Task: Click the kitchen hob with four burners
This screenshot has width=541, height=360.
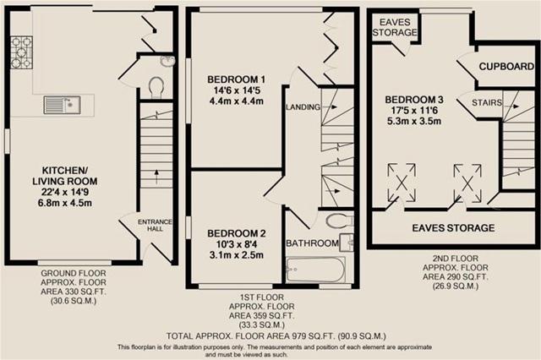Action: point(21,52)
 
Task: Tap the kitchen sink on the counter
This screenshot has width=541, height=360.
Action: point(62,105)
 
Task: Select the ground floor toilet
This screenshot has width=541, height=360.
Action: point(156,87)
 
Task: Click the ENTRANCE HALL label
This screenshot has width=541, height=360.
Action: point(155,225)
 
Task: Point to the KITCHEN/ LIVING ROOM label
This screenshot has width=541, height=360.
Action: point(65,176)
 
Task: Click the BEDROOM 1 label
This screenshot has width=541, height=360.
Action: point(237,79)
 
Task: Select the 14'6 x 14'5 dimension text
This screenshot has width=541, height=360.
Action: point(237,90)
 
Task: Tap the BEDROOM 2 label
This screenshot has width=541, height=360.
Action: point(237,233)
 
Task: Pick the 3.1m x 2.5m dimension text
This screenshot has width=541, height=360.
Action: point(237,255)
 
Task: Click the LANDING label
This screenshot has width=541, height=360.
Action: point(303,107)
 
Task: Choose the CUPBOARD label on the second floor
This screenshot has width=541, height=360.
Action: point(506,66)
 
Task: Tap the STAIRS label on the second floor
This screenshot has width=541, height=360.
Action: point(487,102)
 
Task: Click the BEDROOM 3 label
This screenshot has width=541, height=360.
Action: point(414,100)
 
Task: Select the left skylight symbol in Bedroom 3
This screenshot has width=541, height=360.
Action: point(402,183)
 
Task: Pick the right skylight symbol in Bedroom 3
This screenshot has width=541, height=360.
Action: point(467,183)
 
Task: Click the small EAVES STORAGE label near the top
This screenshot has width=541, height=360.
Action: point(395,27)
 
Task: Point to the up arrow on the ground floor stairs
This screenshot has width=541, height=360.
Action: point(156,177)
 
